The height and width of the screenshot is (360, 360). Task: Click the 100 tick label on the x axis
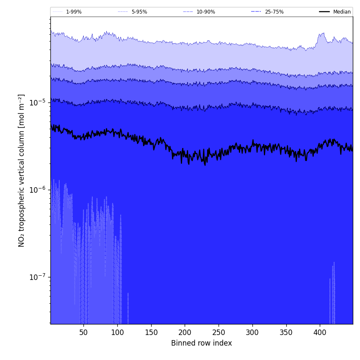(x=117, y=332)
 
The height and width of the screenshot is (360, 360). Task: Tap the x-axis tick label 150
(x=151, y=332)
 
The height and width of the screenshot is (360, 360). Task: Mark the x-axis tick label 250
(x=219, y=332)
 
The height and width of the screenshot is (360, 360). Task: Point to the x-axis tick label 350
(x=286, y=332)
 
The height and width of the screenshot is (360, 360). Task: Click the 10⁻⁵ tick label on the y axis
(x=37, y=102)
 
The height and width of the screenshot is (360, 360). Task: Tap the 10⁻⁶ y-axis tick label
(x=37, y=190)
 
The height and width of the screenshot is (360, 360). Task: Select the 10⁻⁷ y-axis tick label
(x=37, y=277)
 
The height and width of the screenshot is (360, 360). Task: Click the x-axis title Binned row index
(x=202, y=343)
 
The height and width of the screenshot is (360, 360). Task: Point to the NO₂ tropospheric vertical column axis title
(x=22, y=170)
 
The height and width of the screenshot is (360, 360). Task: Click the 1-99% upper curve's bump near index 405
(x=323, y=34)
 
